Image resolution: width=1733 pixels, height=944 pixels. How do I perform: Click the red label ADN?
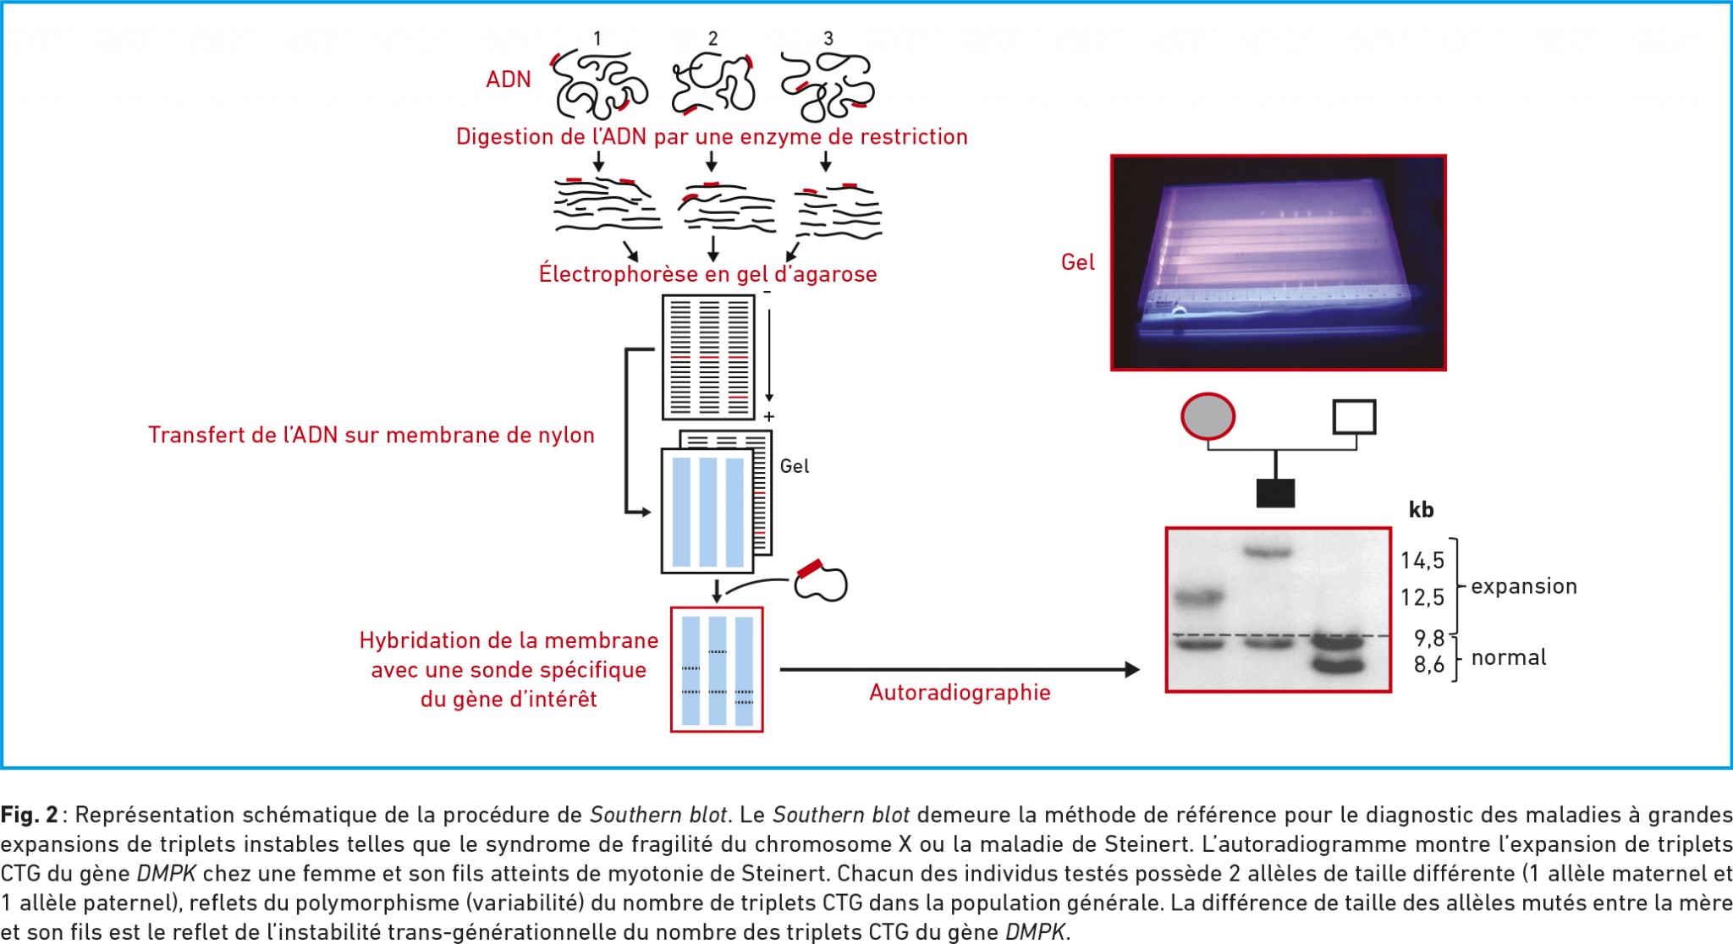[x=509, y=80]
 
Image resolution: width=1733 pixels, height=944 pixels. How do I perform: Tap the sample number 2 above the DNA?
[x=712, y=39]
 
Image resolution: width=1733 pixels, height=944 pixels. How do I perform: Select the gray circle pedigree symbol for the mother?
[x=1208, y=417]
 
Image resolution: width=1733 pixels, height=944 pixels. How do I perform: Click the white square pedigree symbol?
[x=1354, y=417]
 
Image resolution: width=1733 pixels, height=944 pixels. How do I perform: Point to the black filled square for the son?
[x=1275, y=493]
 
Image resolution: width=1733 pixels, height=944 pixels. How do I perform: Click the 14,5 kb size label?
[x=1422, y=561]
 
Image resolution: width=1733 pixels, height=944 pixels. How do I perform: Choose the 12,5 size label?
[x=1422, y=598]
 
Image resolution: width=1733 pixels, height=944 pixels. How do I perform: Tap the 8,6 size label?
[x=1429, y=665]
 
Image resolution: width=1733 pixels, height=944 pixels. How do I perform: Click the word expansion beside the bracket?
[x=1524, y=587]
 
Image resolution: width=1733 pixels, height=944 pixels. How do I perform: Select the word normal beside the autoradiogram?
[x=1509, y=657]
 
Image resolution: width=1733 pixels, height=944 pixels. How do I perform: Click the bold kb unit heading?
[x=1421, y=509]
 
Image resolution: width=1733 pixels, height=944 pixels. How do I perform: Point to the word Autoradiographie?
[x=960, y=693]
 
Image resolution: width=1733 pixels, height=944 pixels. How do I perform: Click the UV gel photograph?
[x=1278, y=262]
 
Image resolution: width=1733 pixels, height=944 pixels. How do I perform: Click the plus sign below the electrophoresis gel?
[x=768, y=417]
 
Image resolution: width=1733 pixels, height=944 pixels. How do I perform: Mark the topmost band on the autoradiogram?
[x=1267, y=553]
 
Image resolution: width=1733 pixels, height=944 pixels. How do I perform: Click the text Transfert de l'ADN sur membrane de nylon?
[x=371, y=435]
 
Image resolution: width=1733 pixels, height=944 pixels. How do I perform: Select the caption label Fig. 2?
[x=30, y=815]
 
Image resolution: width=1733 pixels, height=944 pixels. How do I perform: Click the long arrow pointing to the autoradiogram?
[x=960, y=670]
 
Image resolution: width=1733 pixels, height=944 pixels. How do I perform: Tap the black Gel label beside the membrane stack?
[x=795, y=466]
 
